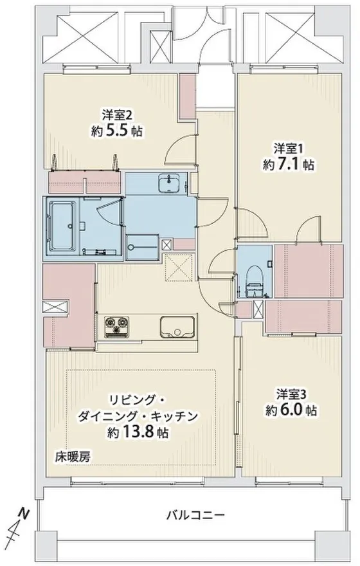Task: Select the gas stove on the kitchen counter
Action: pos(116,327)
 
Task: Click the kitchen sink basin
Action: pos(178,327)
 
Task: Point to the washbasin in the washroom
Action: pos(169,183)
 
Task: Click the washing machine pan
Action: pos(143,247)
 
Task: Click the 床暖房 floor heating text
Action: pos(72,457)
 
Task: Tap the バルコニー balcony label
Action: pos(195,515)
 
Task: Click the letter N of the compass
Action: pos(23,512)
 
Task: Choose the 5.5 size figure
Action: pos(117,131)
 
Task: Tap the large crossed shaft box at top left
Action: pos(82,35)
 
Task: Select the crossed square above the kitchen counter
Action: pos(179,268)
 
